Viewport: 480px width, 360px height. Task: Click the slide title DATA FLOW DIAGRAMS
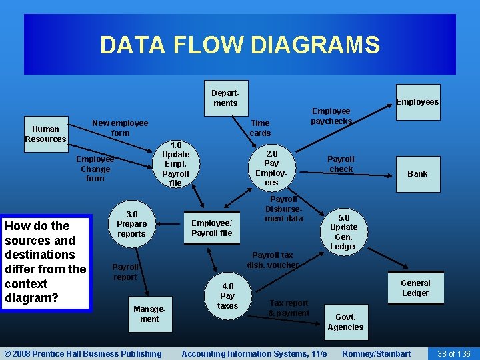pos(239,45)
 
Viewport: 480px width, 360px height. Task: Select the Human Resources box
pos(45,134)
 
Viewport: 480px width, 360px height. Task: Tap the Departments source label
pos(225,98)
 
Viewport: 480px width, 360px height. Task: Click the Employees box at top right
pos(417,101)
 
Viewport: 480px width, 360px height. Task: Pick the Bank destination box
pos(417,173)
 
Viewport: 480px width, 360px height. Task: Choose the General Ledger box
pos(415,288)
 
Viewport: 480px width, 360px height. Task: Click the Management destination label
pos(149,314)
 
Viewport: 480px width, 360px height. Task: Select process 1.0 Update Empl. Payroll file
pos(175,164)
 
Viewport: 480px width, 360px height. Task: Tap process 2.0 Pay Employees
pos(271,167)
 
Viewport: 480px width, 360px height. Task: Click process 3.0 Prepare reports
pos(131,224)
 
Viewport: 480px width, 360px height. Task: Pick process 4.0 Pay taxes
pos(227,296)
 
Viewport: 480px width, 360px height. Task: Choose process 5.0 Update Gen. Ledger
pos(343,232)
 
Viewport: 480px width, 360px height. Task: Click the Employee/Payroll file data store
pos(212,228)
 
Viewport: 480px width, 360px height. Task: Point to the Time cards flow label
pos(260,128)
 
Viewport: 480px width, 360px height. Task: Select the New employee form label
pos(120,128)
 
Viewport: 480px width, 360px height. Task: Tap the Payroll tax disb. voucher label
pos(272,260)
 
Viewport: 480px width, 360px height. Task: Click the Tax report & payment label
pos(289,308)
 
